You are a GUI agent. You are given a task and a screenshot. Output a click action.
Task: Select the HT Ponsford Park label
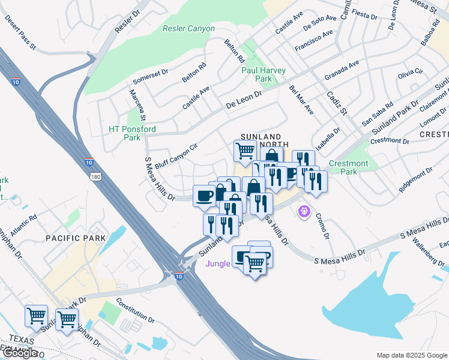point(132,133)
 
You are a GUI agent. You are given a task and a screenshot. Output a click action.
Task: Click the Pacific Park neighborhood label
point(76,238)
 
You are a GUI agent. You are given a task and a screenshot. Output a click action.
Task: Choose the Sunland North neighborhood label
point(265,140)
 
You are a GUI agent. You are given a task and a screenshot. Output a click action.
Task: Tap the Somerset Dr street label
point(151,75)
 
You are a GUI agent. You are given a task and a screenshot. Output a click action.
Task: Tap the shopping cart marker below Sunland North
point(244,151)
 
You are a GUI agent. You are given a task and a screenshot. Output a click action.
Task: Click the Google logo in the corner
point(20,353)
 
